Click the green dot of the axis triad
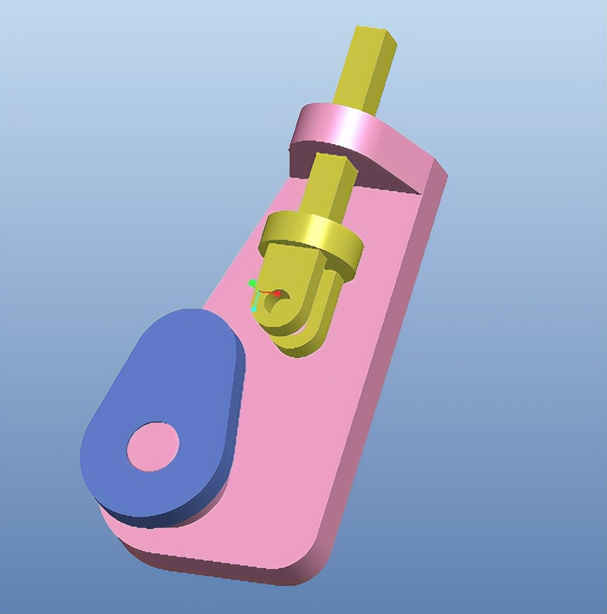pyautogui.click(x=253, y=283)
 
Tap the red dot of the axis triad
pyautogui.click(x=277, y=294)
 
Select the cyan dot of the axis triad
pyautogui.click(x=254, y=309)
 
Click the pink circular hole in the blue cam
pyautogui.click(x=153, y=447)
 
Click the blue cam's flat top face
pyautogui.click(x=164, y=388)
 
